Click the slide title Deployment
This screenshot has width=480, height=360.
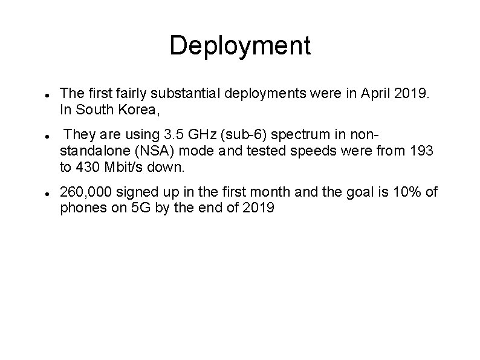tap(240, 46)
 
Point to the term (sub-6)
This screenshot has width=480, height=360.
tap(225, 134)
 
